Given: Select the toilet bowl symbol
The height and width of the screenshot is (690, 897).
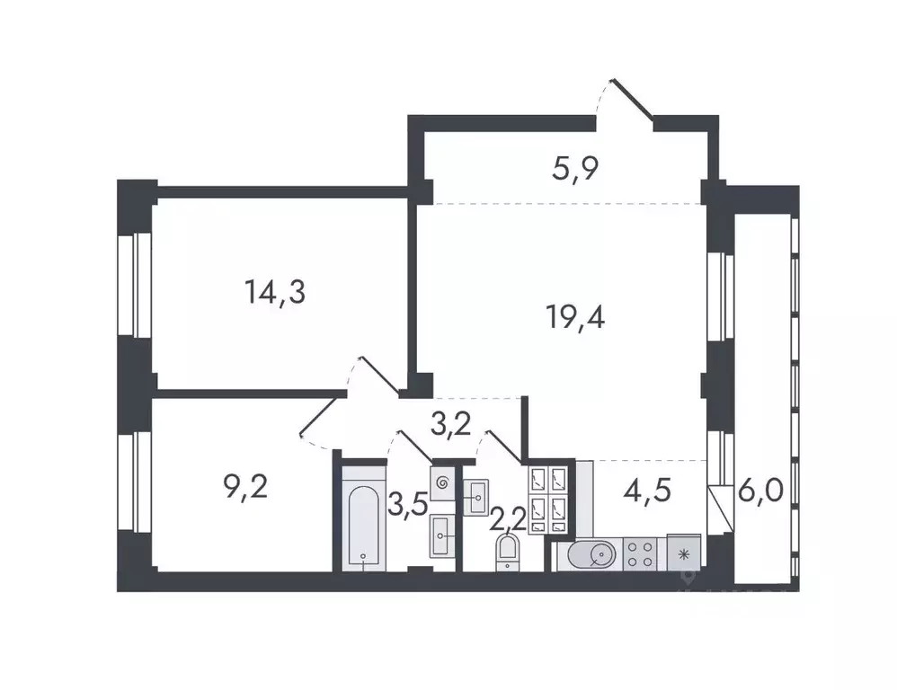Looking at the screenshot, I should pos(508,552).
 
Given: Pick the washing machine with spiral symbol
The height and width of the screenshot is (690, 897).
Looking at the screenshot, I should pos(443,482).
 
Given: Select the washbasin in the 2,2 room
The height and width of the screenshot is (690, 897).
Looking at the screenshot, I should pos(475,492).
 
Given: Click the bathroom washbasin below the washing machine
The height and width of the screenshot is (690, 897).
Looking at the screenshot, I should pos(443,536).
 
